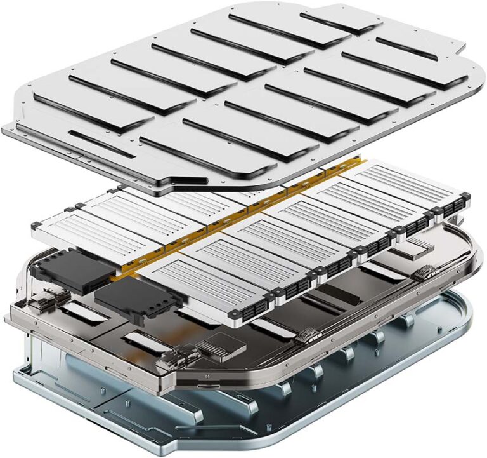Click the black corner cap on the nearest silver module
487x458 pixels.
pos(238,314)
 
